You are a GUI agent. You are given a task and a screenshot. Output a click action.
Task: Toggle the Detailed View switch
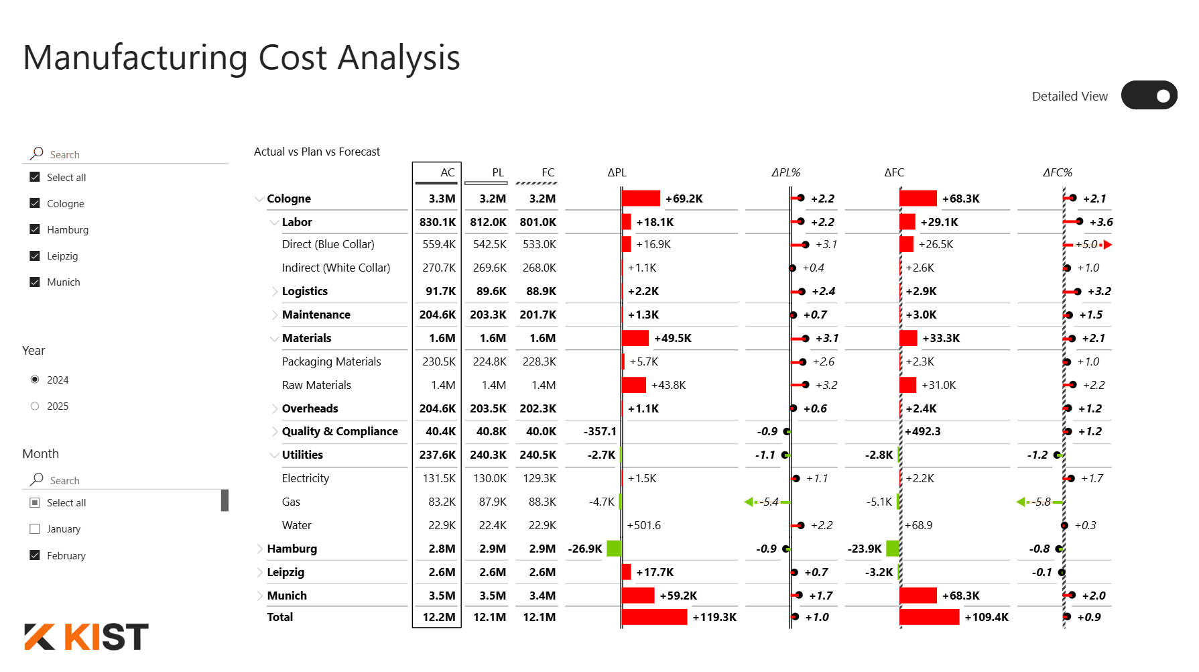coord(1149,95)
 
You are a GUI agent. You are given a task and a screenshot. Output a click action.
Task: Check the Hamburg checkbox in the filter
coord(35,229)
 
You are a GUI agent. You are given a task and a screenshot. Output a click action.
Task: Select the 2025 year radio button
coord(35,406)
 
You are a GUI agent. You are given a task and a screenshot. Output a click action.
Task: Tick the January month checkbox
coord(35,528)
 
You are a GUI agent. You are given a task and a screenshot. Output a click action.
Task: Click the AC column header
coord(447,172)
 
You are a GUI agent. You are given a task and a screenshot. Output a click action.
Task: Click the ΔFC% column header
coord(1057,172)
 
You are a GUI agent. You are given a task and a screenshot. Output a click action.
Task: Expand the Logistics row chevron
coord(275,291)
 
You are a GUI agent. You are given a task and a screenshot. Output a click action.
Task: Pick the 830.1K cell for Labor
coord(438,222)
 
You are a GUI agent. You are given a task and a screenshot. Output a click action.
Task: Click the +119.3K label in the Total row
coord(714,617)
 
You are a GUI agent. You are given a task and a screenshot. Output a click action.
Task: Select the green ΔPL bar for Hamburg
coord(613,549)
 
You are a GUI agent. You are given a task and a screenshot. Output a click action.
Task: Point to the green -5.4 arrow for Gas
coord(764,502)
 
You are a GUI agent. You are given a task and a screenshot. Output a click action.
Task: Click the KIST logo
coord(86,636)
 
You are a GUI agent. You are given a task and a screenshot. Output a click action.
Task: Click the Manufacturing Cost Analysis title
coord(241,58)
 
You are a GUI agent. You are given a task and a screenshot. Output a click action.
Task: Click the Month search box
coord(127,480)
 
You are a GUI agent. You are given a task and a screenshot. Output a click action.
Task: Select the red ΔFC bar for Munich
coord(918,596)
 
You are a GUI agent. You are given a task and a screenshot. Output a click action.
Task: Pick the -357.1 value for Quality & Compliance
coord(600,431)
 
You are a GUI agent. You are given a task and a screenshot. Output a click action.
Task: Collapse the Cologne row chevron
coord(259,199)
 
